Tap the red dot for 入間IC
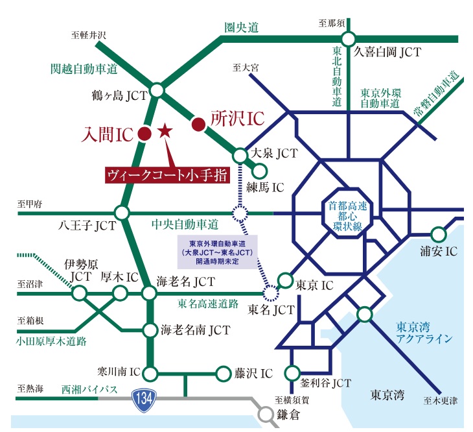tap(146, 134)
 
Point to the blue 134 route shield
tap(142, 397)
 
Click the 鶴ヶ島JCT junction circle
tap(157, 91)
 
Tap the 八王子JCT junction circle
tap(122, 213)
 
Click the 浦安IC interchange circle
tap(439, 233)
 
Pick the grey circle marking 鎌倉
tap(264, 413)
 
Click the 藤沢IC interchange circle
tap(223, 374)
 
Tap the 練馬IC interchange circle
tap(260, 171)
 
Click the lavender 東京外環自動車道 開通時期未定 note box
tap(216, 252)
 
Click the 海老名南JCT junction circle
tap(150, 329)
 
